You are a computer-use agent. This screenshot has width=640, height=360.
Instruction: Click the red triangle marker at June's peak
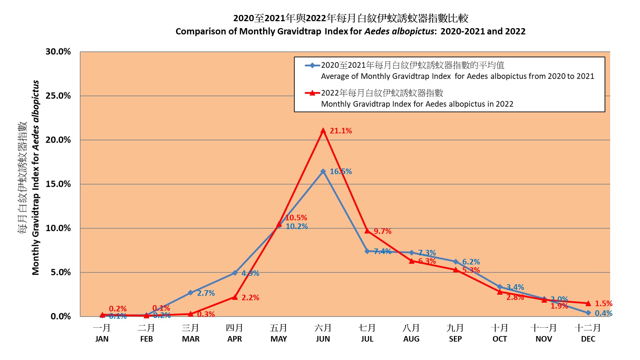323,131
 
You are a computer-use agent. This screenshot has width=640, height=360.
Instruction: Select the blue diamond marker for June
323,171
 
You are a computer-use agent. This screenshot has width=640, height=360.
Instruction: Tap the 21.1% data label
340,131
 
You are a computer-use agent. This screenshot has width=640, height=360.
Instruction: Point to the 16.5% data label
340,171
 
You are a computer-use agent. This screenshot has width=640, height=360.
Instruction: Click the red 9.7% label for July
382,231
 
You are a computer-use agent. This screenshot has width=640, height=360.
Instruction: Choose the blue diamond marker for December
588,313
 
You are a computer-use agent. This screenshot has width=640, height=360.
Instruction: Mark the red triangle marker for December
588,303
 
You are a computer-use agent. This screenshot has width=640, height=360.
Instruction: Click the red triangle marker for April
235,297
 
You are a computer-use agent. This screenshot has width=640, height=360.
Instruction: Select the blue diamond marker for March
191,293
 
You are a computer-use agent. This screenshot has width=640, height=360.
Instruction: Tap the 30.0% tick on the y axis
58,52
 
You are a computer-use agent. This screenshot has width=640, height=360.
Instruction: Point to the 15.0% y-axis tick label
58,184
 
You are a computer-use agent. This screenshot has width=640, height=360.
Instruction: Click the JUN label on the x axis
323,339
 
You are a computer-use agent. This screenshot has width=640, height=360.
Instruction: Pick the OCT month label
499,339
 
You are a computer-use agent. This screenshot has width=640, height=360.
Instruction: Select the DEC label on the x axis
588,339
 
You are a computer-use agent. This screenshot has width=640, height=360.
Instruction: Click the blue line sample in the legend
312,65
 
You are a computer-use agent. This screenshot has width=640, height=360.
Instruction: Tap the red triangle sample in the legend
312,93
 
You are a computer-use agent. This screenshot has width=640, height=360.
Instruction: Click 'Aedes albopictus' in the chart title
399,32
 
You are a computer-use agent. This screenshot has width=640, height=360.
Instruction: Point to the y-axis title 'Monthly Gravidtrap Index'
36,215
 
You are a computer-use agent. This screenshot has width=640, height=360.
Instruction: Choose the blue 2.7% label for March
206,293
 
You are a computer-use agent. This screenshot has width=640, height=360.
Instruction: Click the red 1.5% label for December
604,303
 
